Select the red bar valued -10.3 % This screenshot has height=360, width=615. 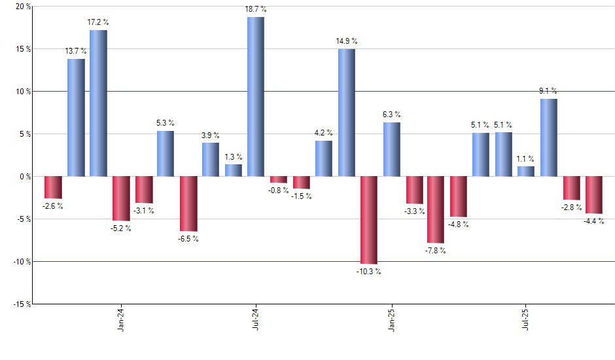368,220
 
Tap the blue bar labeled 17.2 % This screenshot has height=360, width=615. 98,103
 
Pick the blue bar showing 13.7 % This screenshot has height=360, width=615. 76,118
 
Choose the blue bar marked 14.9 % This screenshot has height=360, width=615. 346,113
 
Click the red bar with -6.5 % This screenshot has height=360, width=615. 188,204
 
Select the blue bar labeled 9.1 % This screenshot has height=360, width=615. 548,137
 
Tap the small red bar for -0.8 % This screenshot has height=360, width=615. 279,179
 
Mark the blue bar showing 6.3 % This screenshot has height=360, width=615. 391,149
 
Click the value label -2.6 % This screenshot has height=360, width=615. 53,206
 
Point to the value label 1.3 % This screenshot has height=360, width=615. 234,157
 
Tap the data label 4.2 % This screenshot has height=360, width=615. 323,133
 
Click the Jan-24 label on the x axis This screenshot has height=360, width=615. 121,319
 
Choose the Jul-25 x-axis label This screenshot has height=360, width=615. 525,319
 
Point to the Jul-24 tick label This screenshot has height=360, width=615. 256,319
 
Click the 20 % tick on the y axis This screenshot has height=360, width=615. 24,7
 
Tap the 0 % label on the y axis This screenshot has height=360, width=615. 25,177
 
